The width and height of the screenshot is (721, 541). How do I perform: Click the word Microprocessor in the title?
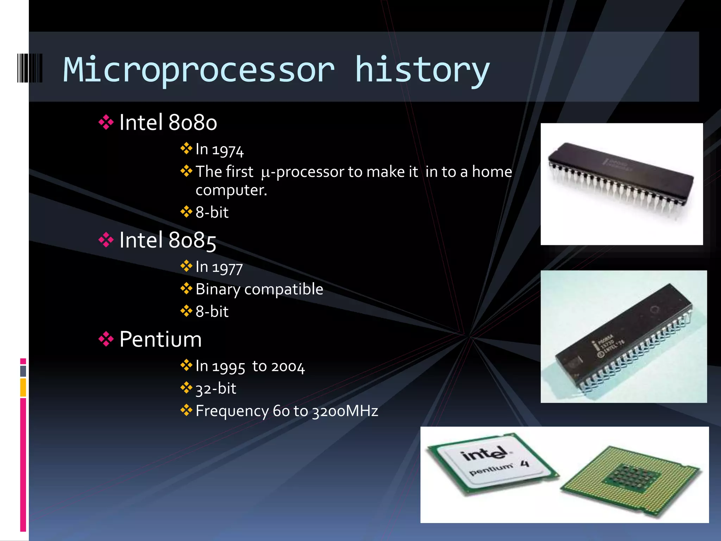tap(199, 70)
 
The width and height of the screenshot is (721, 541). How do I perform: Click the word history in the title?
tap(422, 70)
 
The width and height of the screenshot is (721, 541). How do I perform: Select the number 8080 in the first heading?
tap(193, 123)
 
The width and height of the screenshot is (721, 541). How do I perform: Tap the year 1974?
tap(227, 150)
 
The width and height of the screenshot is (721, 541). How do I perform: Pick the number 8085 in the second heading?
tap(192, 241)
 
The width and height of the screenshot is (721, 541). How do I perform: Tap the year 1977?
tap(227, 268)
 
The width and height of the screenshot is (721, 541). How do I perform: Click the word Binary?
tap(218, 290)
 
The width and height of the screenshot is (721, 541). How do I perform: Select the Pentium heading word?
tap(161, 340)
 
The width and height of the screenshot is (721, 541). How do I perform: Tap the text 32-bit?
tap(216, 389)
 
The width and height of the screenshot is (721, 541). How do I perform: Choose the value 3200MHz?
tap(345, 411)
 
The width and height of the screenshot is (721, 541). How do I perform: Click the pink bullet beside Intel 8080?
tap(106, 123)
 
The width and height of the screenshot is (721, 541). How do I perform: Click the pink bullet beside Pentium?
tap(106, 340)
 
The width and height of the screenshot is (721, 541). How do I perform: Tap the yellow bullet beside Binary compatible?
tap(186, 289)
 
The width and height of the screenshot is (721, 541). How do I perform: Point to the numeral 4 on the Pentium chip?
tap(525, 464)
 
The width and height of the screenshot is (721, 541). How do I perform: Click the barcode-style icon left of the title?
tap(30, 68)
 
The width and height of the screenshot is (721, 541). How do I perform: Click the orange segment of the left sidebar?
tap(23, 387)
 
